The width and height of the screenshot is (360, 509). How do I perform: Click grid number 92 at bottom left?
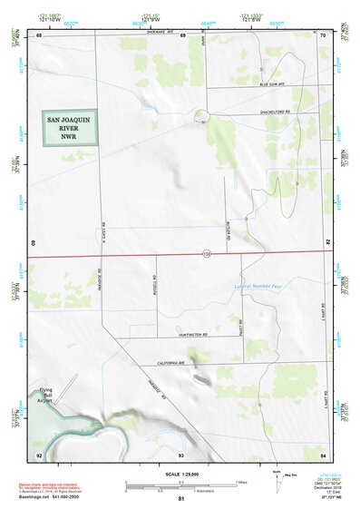(38, 454)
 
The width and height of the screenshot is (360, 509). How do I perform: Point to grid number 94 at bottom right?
(322, 454)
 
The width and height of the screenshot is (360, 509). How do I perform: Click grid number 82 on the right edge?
(326, 243)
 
